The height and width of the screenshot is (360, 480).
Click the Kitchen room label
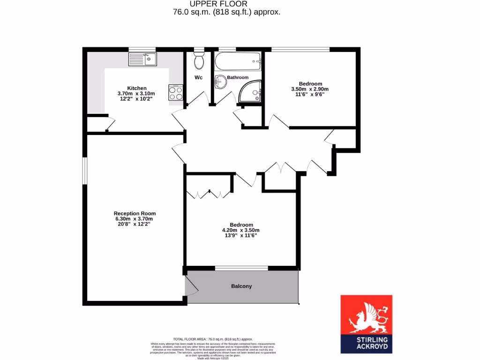point(137,88)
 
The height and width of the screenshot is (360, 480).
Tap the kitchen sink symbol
point(142,60)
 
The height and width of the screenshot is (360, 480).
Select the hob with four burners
point(175,92)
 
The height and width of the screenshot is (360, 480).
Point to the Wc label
point(198,77)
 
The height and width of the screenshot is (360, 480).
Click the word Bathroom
point(238,77)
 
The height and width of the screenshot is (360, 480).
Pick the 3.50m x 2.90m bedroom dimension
point(310,89)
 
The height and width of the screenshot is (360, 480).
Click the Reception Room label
point(135,213)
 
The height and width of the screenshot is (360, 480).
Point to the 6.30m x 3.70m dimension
point(135,219)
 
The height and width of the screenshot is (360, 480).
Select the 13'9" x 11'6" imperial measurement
point(240,236)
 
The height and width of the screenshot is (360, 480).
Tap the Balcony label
point(241,286)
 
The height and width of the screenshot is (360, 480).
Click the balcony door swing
point(191,286)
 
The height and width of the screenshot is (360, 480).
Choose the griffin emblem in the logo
point(366,315)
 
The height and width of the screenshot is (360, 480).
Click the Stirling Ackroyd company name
point(366,343)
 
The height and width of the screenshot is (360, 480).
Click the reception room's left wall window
point(85,171)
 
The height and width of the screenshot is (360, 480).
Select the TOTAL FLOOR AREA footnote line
point(213,339)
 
